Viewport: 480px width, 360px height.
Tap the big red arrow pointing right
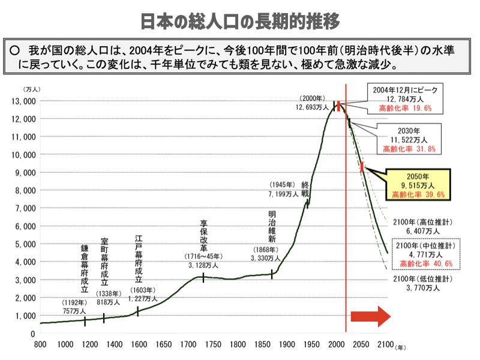click(x=370, y=317)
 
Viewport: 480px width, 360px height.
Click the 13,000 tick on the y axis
click(x=22, y=101)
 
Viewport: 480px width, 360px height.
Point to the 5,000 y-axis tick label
click(x=25, y=244)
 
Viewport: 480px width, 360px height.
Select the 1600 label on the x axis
click(x=139, y=344)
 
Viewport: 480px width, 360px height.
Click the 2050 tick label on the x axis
click(x=361, y=344)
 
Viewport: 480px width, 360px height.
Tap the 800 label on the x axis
click(x=40, y=344)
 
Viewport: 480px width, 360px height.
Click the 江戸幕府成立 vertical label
click(x=139, y=259)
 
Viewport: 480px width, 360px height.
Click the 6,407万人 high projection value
click(x=423, y=230)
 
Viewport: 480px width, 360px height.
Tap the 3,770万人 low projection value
click(x=423, y=288)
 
